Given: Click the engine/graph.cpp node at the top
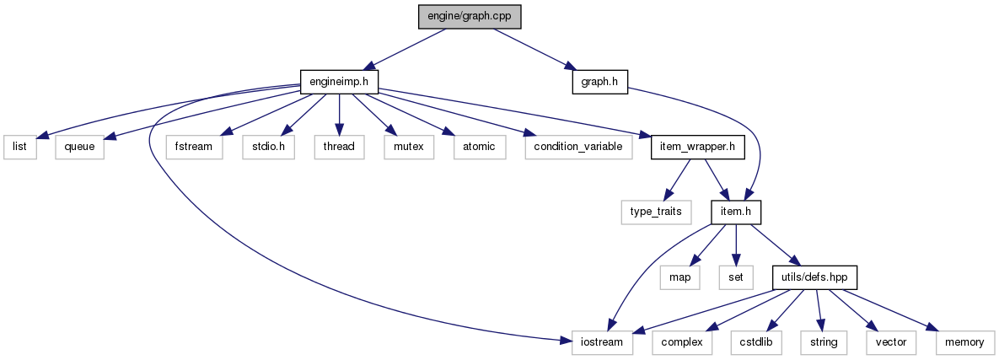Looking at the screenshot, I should coord(456,17).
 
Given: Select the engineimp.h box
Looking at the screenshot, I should coord(339,81).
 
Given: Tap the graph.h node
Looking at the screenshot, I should coord(599,81).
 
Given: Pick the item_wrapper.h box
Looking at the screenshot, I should coord(698,146).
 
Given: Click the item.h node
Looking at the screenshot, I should coord(735,212).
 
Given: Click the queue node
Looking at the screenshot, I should coord(80,146).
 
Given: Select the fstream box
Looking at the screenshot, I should coord(195,146).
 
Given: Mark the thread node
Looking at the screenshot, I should coord(339,146).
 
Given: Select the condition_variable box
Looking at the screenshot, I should coord(577,146).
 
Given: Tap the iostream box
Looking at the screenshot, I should coord(603,341).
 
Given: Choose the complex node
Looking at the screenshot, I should coord(682,341).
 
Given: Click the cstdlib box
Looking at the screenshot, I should coord(755,341).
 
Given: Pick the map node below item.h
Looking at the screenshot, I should coord(679,277).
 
